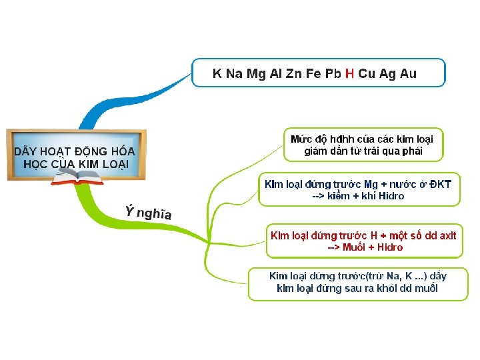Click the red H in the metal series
coord(349,74)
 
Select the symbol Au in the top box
coord(408,74)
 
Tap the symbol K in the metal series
coord(217,74)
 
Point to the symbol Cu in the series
coord(367,74)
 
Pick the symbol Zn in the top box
coord(294,74)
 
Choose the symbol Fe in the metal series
coord(313,74)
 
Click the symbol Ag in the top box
coord(388,74)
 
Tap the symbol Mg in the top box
coord(256,74)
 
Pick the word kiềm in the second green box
coord(339,196)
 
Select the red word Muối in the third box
coord(356,247)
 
